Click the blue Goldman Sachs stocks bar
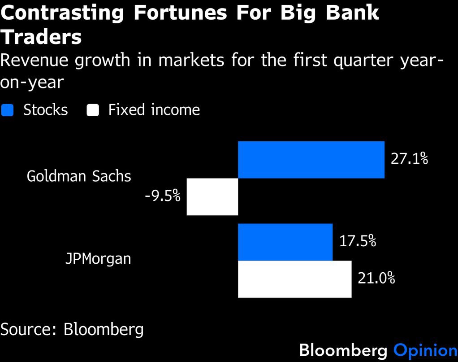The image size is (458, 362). tap(311, 160)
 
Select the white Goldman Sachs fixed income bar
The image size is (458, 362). tap(212, 196)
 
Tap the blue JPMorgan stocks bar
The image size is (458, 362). tap(285, 242)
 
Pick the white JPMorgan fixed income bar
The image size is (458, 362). tap(294, 279)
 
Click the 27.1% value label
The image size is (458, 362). tap(409, 159)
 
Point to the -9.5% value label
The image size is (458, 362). tap(162, 196)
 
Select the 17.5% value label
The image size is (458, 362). tap(357, 241)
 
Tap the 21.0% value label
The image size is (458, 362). tap(376, 279)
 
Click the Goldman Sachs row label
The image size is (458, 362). tap(79, 176)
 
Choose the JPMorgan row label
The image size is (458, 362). tap(98, 259)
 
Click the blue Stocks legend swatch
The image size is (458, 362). tap(8, 110)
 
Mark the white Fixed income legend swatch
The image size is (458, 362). tap(93, 110)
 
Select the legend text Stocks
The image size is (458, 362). tap(45, 110)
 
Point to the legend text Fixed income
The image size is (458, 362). tap(154, 110)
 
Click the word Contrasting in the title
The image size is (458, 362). tap(62, 13)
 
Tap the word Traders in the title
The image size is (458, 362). tap(41, 37)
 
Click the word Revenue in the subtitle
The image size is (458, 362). tap(35, 60)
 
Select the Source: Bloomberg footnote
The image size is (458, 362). tap(72, 330)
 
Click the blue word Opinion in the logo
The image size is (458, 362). tap(425, 350)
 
